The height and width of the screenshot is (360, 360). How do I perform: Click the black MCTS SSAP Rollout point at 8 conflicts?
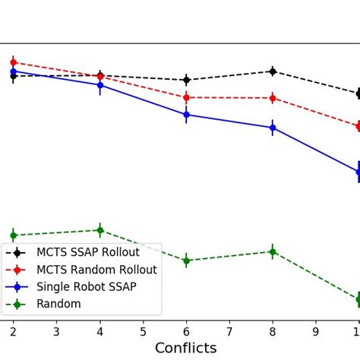[x=273, y=71]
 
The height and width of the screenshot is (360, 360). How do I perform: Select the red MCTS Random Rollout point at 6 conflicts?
[x=186, y=97]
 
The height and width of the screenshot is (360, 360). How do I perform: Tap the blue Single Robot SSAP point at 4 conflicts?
[x=99, y=85]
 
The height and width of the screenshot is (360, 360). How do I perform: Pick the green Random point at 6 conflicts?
[x=186, y=261]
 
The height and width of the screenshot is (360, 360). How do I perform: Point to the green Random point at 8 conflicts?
[x=273, y=251]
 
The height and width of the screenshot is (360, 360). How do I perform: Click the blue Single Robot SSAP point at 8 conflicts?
[x=273, y=128]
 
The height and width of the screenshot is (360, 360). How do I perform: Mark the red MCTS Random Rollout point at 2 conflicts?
[x=13, y=62]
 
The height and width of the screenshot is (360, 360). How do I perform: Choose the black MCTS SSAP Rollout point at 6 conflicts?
[x=186, y=80]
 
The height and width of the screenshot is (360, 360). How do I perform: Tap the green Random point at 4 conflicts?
[x=99, y=230]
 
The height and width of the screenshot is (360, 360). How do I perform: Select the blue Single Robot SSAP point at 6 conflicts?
[x=186, y=115]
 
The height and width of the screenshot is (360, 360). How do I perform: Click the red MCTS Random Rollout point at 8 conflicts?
[x=273, y=98]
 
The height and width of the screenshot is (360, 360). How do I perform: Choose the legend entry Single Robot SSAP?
[x=91, y=287]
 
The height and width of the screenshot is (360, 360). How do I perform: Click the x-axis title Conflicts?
[x=186, y=349]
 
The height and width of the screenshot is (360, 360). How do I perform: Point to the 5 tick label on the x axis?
[x=143, y=331]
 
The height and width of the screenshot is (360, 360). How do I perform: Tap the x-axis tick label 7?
[x=229, y=331]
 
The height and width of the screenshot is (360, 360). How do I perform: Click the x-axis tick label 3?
[x=56, y=331]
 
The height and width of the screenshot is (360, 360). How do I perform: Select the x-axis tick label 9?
[x=316, y=331]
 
